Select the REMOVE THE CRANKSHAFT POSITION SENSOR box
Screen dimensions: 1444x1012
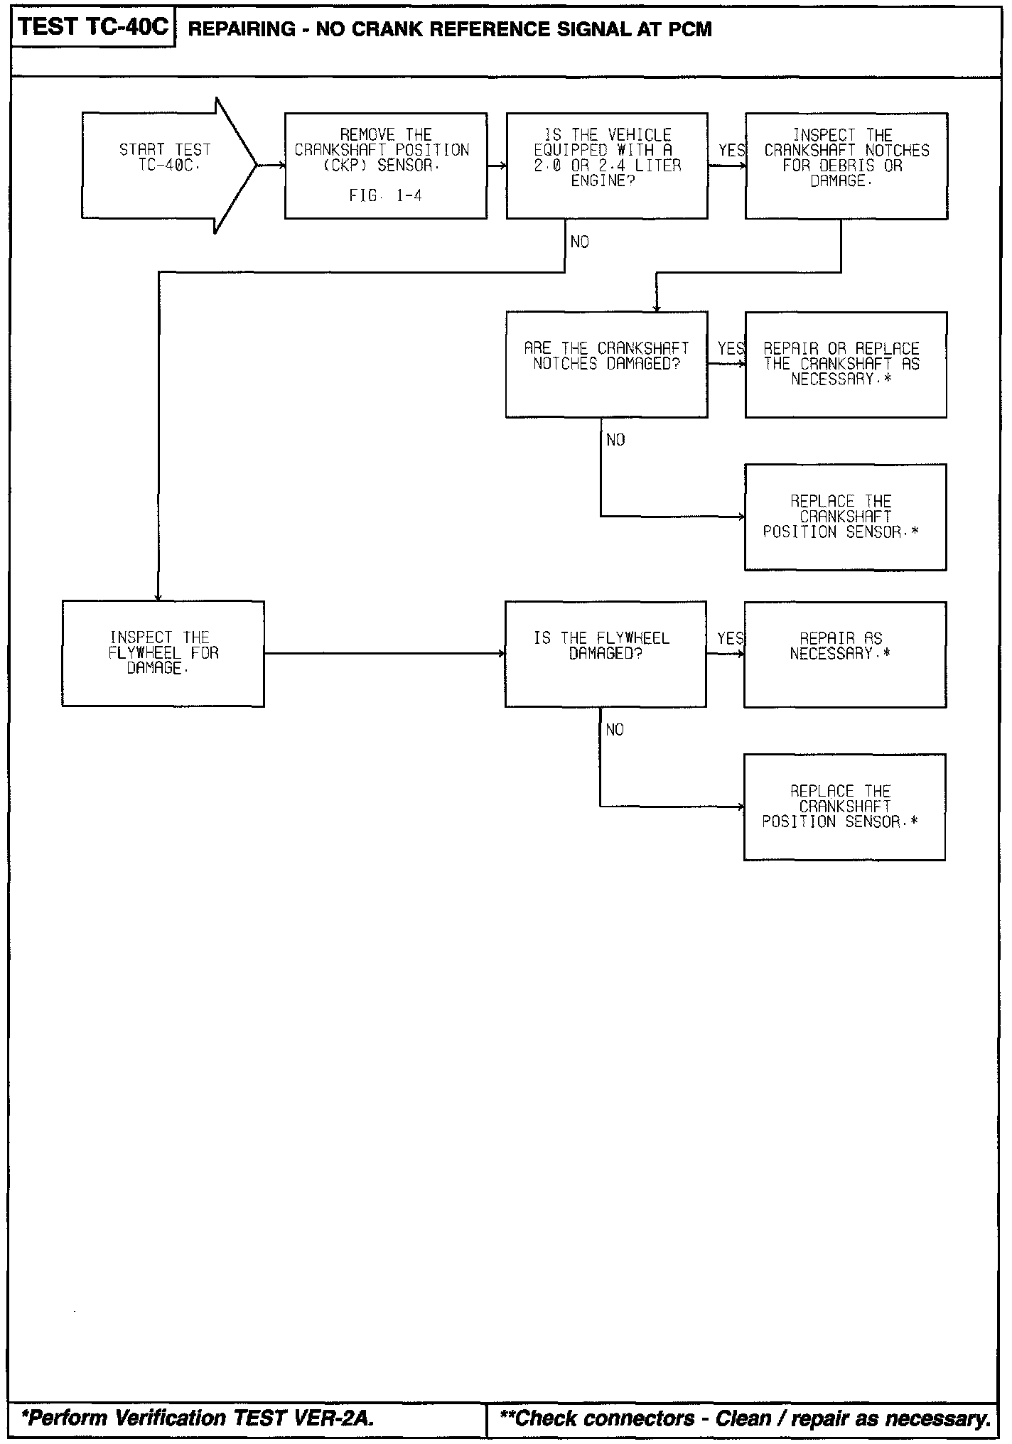coord(385,166)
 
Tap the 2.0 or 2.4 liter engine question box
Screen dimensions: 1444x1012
coord(606,166)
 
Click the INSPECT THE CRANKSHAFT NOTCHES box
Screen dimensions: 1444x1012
coord(846,166)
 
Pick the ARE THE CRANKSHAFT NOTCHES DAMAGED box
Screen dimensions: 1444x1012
coord(606,364)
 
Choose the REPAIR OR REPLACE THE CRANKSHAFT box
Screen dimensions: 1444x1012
coord(846,364)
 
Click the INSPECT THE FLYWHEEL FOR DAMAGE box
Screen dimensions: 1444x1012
coord(163,653)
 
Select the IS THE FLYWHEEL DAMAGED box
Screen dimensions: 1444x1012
coord(605,653)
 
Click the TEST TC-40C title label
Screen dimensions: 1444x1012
coord(93,27)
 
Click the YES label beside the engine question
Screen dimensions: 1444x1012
coord(731,151)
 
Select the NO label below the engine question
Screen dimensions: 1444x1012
coord(580,242)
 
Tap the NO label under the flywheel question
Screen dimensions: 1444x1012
coord(615,730)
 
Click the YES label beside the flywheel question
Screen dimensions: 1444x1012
coord(730,638)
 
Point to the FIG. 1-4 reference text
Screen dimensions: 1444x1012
coord(385,196)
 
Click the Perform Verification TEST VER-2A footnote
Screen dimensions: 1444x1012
coord(198,1418)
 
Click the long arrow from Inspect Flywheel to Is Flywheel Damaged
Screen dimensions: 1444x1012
coord(384,653)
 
